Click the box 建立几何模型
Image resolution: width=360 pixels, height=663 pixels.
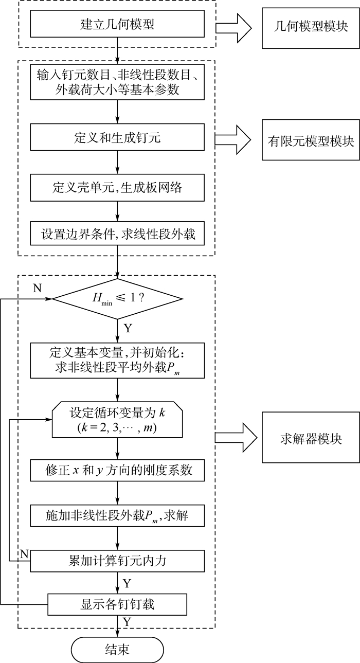pyautogui.click(x=118, y=24)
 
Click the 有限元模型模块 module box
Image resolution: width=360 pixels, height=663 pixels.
pyautogui.click(x=310, y=140)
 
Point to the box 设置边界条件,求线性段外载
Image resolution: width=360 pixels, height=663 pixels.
pyautogui.click(x=118, y=235)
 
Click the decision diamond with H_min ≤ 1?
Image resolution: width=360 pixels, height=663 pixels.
pyautogui.click(x=118, y=298)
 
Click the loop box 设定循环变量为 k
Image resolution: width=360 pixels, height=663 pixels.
pyautogui.click(x=118, y=420)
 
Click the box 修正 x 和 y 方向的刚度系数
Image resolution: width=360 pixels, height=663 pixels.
pyautogui.click(x=118, y=469)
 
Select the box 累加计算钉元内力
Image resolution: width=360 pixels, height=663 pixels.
pyautogui.click(x=118, y=560)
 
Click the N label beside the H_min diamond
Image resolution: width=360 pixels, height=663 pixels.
pyautogui.click(x=37, y=288)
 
